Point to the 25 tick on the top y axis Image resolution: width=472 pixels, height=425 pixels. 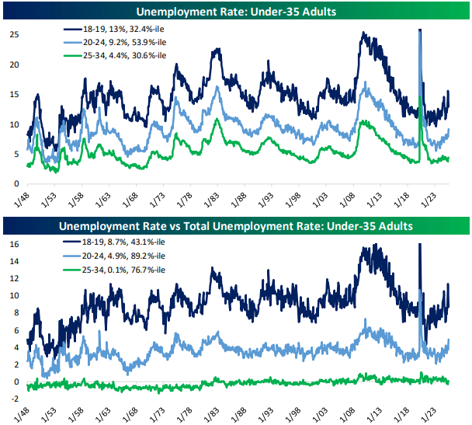coord(14,34)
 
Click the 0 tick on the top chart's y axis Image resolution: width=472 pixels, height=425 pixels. coord(16,183)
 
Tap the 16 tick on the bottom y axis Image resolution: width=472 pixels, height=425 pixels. coord(14,243)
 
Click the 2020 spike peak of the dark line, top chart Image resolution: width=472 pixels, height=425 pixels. coord(420,30)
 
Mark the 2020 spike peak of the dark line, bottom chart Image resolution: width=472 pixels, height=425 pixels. coord(420,245)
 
